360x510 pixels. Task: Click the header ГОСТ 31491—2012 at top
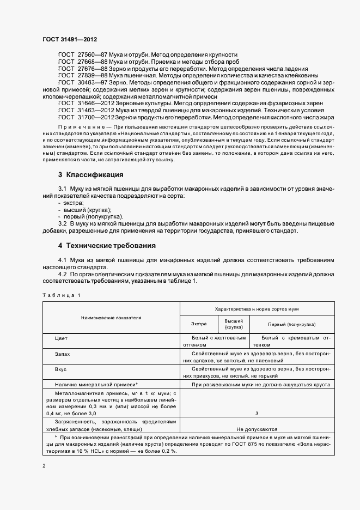[69, 40]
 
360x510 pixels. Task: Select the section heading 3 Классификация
[90, 175]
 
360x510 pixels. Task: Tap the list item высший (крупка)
[90, 210]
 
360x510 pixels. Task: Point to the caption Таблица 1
[60, 295]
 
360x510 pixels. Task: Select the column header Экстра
[199, 324]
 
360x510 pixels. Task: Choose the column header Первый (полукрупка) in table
[292, 324]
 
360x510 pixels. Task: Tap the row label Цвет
[61, 338]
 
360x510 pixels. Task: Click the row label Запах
[63, 354]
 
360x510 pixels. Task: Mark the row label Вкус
[60, 369]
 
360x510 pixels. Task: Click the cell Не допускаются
[257, 429]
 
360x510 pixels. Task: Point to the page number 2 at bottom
[44, 466]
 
